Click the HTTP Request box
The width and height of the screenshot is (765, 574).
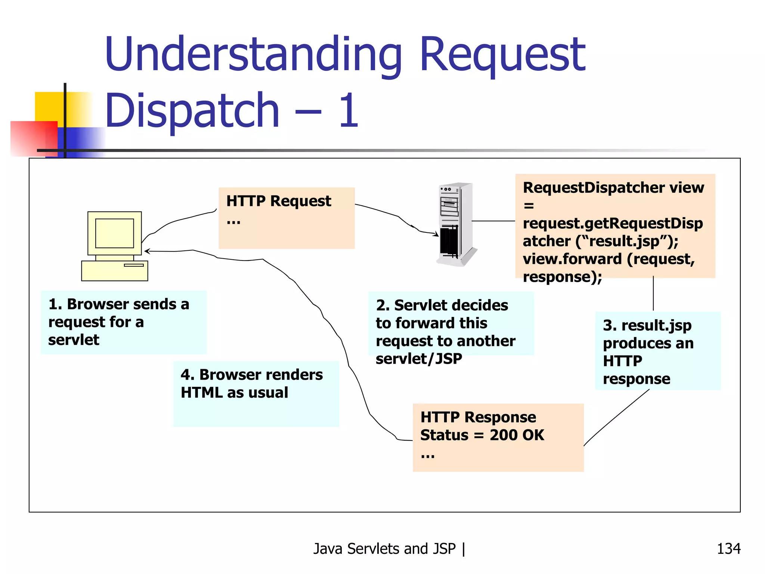tap(286, 218)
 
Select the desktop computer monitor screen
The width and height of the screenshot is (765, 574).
tap(114, 233)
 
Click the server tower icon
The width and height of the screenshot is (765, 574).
tap(456, 224)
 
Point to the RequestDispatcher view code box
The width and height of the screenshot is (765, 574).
tap(615, 226)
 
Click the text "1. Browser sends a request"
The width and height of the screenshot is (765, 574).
tap(119, 313)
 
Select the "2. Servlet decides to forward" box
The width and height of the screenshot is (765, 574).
tap(450, 324)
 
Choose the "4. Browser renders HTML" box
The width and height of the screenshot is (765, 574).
tap(256, 393)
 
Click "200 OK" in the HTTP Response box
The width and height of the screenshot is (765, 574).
tap(517, 435)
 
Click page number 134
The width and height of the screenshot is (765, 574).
tap(728, 549)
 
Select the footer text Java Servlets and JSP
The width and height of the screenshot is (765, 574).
tap(385, 549)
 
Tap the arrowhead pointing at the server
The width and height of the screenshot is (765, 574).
tap(436, 234)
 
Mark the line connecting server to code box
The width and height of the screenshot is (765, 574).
tap(493, 221)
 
